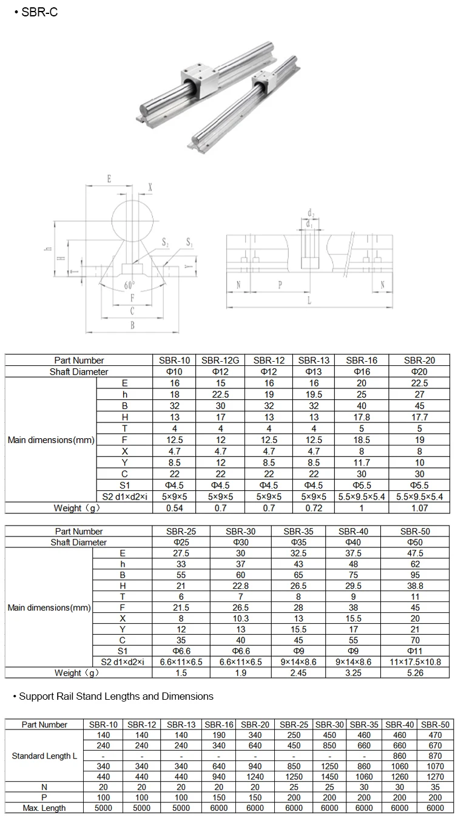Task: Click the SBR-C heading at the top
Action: click(x=38, y=13)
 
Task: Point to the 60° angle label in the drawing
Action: click(x=129, y=285)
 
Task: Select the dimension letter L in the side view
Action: click(x=309, y=300)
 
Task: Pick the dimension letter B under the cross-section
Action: click(x=132, y=325)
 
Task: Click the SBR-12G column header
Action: click(x=220, y=361)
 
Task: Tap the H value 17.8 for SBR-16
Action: click(x=362, y=417)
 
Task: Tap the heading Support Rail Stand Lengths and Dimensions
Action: click(x=116, y=696)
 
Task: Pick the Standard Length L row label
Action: click(x=45, y=756)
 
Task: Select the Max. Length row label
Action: click(x=45, y=808)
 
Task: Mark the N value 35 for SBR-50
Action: click(x=436, y=787)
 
